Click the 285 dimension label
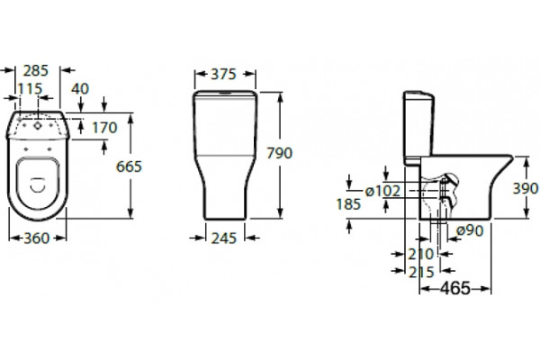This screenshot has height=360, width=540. pos(36,70)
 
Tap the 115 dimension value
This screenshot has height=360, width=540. pos(30,89)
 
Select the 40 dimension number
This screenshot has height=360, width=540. pos(80,89)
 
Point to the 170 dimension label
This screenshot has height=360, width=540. pos(104,128)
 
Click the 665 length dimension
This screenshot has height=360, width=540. pos(129,166)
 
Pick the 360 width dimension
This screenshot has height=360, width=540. pos(37,238)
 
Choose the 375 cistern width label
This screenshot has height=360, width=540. pos(223,74)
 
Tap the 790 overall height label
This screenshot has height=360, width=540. pos(280,153)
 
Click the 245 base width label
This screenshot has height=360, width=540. pos(224,238)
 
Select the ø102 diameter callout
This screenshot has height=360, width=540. pos(382,191)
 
